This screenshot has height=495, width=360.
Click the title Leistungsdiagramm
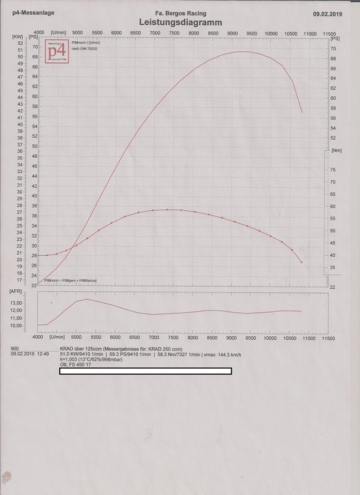(180, 23)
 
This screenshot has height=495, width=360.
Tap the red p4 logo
(56, 51)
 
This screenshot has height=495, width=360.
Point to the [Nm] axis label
(336, 151)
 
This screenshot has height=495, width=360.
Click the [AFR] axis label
(16, 291)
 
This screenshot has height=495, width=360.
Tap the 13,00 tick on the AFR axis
(16, 303)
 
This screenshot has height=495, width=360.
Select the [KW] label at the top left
(17, 37)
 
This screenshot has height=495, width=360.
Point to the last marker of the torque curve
(302, 262)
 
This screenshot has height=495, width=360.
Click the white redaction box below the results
(145, 371)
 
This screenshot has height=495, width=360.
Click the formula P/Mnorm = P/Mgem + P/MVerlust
(71, 280)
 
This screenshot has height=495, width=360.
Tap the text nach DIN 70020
(85, 48)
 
